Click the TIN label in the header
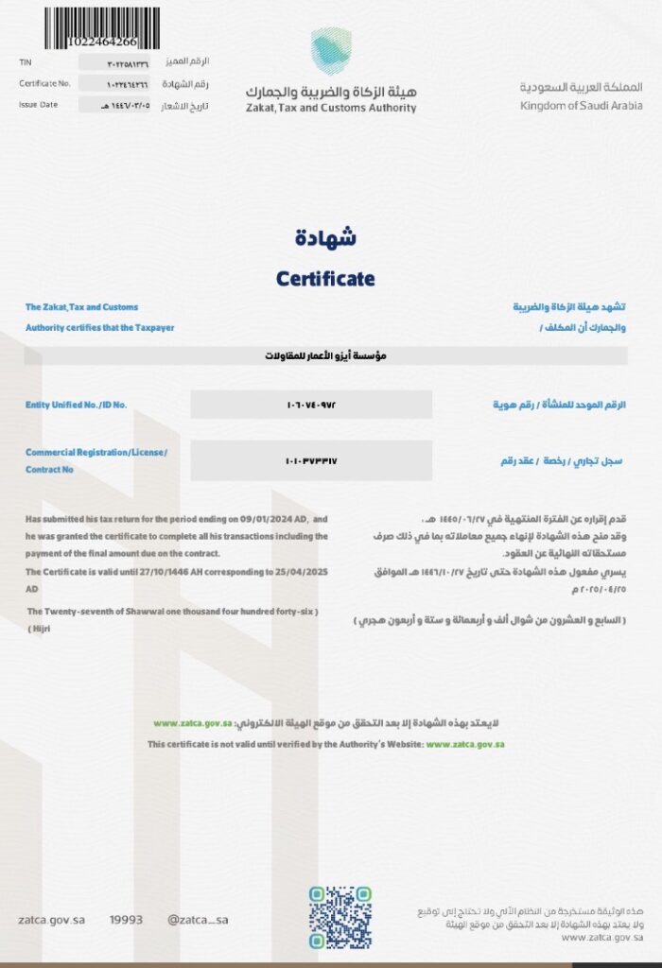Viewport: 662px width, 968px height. click(x=26, y=61)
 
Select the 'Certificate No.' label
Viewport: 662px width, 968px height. click(x=45, y=83)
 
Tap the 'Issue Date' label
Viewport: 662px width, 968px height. click(x=38, y=105)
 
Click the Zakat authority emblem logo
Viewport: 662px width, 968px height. click(x=331, y=49)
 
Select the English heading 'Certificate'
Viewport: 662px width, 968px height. click(x=325, y=279)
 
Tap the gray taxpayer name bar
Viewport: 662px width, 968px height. click(x=325, y=356)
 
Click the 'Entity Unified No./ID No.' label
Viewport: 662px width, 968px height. click(x=76, y=405)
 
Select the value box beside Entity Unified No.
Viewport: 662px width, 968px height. click(x=311, y=405)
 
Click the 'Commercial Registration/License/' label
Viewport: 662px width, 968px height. click(x=96, y=453)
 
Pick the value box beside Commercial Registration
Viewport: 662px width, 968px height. click(x=311, y=460)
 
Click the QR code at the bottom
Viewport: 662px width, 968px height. click(x=340, y=916)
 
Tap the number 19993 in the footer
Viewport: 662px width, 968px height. click(x=126, y=919)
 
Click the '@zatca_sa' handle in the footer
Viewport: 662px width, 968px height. click(x=198, y=919)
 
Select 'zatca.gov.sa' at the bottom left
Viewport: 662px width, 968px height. click(x=52, y=919)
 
